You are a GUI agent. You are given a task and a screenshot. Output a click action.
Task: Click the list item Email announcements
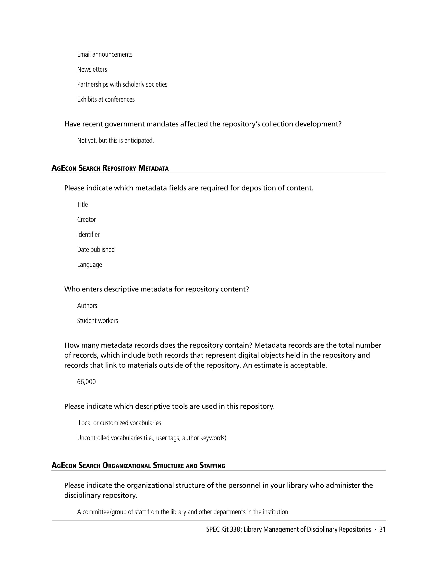click(x=105, y=54)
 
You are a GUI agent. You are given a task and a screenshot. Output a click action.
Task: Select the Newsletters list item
click(x=92, y=69)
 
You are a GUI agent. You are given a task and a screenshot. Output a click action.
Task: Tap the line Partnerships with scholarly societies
click(x=122, y=85)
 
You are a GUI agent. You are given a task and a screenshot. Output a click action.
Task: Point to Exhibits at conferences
click(x=106, y=100)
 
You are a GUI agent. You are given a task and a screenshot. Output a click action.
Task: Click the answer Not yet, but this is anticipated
click(x=115, y=140)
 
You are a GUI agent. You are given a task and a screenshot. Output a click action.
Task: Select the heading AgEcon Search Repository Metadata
click(x=110, y=168)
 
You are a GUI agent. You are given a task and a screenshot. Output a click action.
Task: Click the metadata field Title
click(x=82, y=204)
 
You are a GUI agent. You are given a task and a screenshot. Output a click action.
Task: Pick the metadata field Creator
click(x=86, y=219)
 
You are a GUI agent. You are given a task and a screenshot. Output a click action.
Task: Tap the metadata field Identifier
click(x=88, y=235)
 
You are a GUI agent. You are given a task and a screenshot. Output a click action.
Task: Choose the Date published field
click(x=96, y=250)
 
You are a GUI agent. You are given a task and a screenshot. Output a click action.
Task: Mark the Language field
click(x=89, y=264)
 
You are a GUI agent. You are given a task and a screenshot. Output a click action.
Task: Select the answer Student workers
click(x=97, y=321)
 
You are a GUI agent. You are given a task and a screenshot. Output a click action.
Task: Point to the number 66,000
click(x=86, y=382)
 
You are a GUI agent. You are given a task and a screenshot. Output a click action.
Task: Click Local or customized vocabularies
click(x=120, y=423)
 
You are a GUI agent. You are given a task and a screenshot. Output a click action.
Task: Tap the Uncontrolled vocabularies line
click(x=152, y=438)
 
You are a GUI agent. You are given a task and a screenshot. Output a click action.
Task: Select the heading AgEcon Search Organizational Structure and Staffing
click(x=138, y=466)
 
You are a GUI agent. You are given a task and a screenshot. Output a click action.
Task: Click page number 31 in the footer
click(x=382, y=529)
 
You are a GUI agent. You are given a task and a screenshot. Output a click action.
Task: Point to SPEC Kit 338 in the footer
click(x=224, y=529)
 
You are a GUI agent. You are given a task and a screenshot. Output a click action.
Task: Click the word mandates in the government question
click(x=162, y=124)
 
